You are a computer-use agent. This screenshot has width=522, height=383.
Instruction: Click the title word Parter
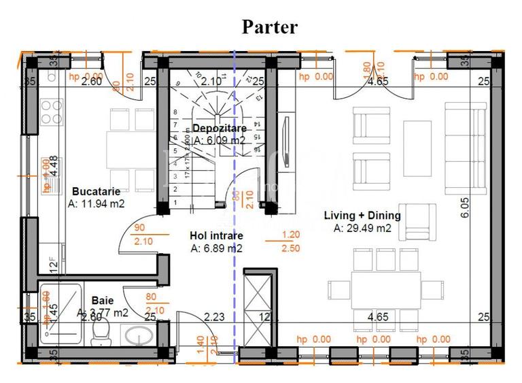(x=270, y=27)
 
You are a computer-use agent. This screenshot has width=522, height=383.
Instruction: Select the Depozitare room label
(x=219, y=128)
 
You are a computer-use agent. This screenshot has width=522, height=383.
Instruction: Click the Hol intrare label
(x=216, y=235)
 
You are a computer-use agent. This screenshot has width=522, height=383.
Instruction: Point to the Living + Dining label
(x=362, y=216)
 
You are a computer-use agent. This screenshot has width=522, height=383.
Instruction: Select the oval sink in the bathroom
(x=141, y=337)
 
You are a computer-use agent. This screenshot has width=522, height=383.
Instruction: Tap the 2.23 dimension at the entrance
(x=214, y=316)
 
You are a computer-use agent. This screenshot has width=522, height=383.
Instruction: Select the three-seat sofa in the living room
(x=465, y=148)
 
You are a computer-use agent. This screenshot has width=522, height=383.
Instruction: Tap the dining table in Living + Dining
(x=385, y=288)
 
